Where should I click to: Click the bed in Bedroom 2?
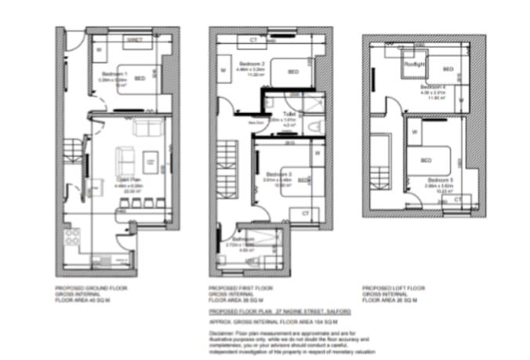[291, 72]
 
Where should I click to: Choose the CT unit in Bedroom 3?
[305, 213]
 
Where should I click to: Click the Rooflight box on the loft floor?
[413, 63]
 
